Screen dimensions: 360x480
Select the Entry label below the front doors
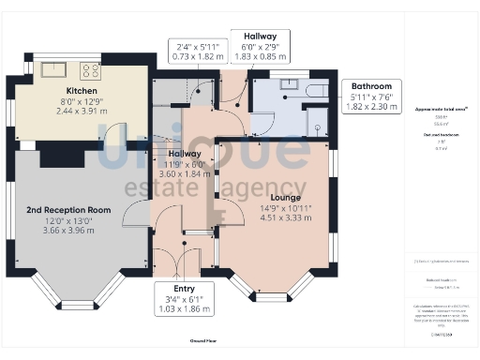tap(184, 289)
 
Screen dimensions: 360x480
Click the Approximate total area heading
tap(442, 110)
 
